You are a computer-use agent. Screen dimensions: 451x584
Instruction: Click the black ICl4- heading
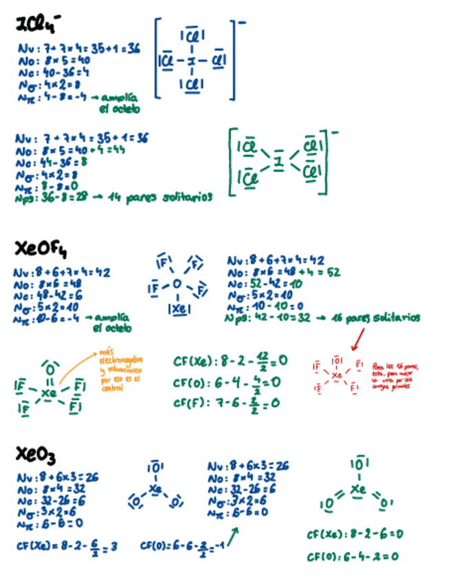(x=38, y=26)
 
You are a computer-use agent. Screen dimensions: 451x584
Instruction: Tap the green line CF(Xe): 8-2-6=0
(x=354, y=534)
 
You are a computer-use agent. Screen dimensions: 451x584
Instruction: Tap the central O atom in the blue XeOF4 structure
(x=177, y=283)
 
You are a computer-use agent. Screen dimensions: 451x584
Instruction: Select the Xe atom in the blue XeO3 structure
(x=155, y=489)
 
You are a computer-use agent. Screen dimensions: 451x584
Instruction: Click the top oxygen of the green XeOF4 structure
(x=49, y=365)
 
